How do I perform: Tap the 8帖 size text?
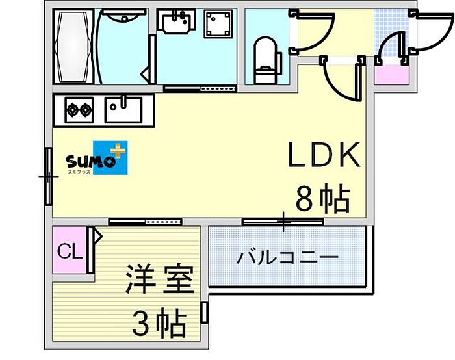point(323,199)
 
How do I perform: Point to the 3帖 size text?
point(159,319)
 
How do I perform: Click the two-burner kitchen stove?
point(78,109)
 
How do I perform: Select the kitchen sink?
point(124,109)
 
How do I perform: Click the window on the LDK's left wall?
point(49,176)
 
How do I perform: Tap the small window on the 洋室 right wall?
point(205,312)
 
